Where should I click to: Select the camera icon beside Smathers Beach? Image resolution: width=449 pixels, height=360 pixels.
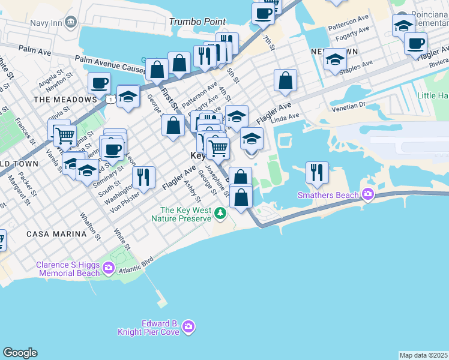point(367,194)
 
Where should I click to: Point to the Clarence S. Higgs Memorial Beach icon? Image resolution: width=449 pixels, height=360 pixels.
point(108,268)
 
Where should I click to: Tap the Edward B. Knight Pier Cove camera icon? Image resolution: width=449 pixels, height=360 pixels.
point(189,326)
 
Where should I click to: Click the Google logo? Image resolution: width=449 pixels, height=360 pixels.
point(20,353)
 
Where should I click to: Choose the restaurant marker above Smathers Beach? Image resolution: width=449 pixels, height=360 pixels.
point(317,172)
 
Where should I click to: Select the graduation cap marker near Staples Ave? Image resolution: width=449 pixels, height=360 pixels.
point(335,59)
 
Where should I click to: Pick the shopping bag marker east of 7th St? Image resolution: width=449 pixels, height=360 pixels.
point(286,80)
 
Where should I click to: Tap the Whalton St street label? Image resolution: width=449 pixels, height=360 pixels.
point(89,225)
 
